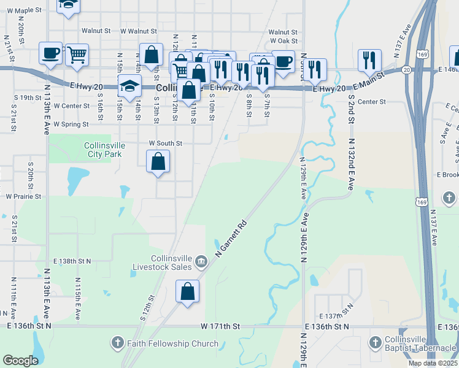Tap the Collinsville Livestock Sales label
(x=163, y=263)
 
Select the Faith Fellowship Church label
(x=172, y=343)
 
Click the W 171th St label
(x=217, y=326)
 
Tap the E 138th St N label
(x=72, y=261)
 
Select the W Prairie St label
(x=23, y=197)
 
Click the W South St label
(x=166, y=144)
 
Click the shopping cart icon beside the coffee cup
(x=77, y=55)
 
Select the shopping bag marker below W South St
(x=158, y=162)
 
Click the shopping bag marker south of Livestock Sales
(x=187, y=292)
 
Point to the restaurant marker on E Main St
(x=369, y=60)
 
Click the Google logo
(x=20, y=361)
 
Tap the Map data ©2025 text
(x=432, y=363)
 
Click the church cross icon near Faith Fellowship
(x=118, y=342)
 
